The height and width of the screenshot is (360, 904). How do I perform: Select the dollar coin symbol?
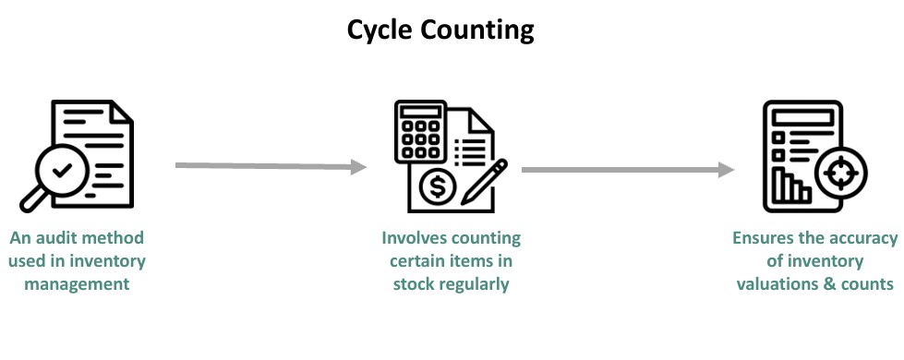coord(437,189)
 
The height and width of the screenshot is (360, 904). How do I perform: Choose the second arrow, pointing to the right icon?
coord(628,170)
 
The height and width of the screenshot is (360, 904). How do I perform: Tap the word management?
coord(77,283)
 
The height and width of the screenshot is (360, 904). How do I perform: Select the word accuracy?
coord(862,238)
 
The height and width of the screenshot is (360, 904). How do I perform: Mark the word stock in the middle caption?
coord(412,283)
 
